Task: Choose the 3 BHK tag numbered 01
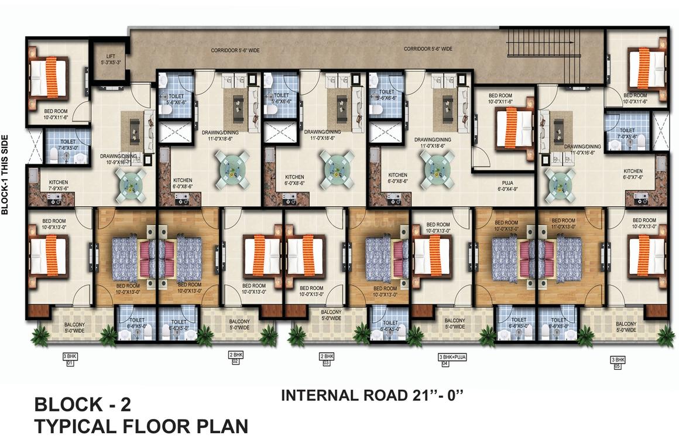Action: click(x=70, y=359)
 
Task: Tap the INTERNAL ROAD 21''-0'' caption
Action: click(x=372, y=395)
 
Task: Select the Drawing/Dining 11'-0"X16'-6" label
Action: click(x=582, y=149)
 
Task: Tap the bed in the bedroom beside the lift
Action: click(x=49, y=77)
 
